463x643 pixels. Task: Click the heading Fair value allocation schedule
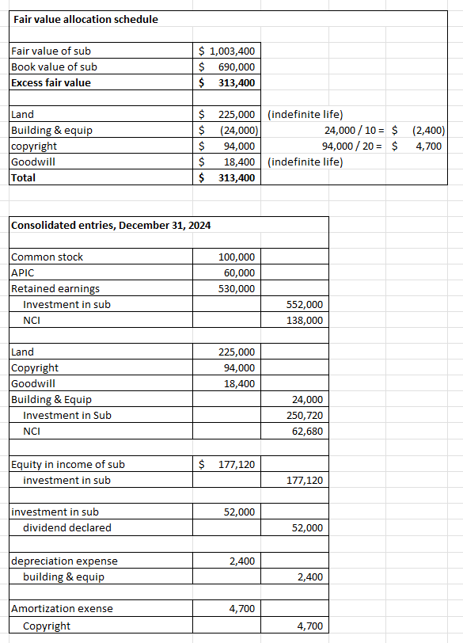click(85, 19)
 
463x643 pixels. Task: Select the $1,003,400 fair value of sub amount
click(226, 51)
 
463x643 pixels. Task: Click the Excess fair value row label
click(51, 83)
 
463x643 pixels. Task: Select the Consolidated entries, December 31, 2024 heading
click(111, 226)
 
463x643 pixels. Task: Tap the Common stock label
click(47, 257)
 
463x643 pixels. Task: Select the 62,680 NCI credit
click(306, 432)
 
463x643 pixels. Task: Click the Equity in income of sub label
click(67, 465)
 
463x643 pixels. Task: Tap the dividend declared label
click(67, 528)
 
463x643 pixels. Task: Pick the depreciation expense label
click(64, 561)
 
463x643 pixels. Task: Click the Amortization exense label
click(62, 609)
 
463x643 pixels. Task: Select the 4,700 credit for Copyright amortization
click(309, 626)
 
